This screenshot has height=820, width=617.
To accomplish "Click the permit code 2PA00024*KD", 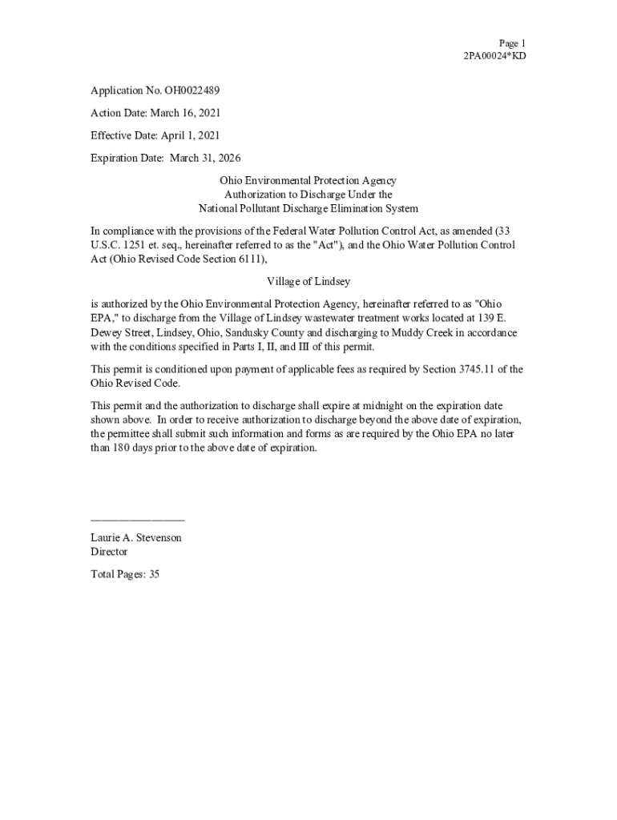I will pos(494,56).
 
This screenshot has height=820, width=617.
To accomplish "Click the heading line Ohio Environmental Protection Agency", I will pos(308,181).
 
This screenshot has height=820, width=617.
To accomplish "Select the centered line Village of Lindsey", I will pos(308,282).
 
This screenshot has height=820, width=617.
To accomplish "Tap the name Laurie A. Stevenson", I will pos(136,537).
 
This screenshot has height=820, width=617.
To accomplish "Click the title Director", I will pos(109,552).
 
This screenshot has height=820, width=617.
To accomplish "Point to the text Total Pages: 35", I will pos(125,574).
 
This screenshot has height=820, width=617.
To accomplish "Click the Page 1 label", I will pos(512,43).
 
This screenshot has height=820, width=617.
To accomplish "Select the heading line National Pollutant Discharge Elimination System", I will pos(308,208).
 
